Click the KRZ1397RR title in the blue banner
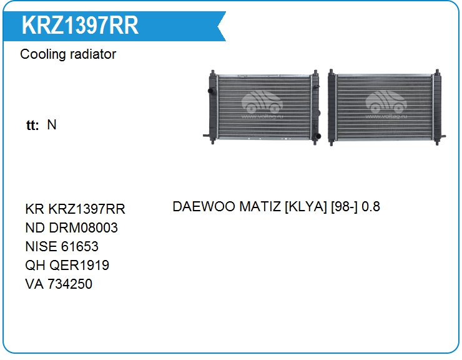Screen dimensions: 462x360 80,25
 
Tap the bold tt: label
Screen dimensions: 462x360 32,125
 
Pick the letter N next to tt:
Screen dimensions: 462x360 52,125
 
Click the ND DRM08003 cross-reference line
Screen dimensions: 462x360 72,227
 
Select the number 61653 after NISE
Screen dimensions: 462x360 80,246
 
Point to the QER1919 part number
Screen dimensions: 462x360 79,265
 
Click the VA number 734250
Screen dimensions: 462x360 70,284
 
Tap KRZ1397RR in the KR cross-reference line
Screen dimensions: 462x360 87,209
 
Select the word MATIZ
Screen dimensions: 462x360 260,206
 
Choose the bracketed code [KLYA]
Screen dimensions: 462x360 306,207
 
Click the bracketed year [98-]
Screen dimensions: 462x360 344,207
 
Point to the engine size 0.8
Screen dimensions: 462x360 371,206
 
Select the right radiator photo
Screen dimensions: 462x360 386,107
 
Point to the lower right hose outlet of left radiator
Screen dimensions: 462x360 317,136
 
